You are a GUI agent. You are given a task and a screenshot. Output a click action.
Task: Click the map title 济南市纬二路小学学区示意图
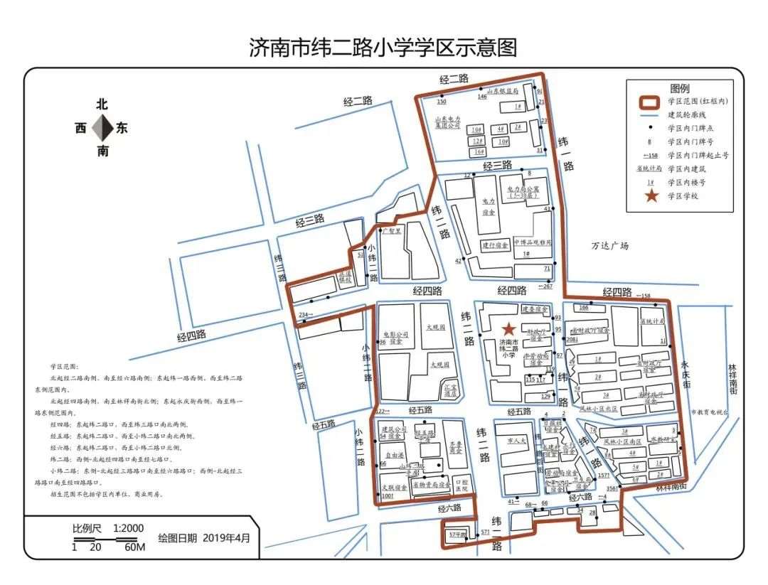[x=383, y=48]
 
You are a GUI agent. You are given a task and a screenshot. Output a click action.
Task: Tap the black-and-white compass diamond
[x=103, y=128]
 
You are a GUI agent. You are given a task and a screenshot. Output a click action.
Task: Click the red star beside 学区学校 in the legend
[x=651, y=196]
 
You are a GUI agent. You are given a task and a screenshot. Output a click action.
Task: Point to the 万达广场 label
[x=611, y=247]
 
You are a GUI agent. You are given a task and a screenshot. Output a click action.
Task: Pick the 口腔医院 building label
[x=462, y=485]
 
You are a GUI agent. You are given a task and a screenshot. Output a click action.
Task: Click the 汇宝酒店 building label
[x=449, y=390]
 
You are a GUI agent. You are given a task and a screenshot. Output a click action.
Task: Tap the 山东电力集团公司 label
[x=449, y=122]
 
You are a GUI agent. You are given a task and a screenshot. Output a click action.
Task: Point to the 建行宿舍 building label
[x=496, y=245]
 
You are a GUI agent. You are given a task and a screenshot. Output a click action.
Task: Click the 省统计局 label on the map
[x=651, y=321]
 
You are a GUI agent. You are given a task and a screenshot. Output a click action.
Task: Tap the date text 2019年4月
[x=227, y=538]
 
